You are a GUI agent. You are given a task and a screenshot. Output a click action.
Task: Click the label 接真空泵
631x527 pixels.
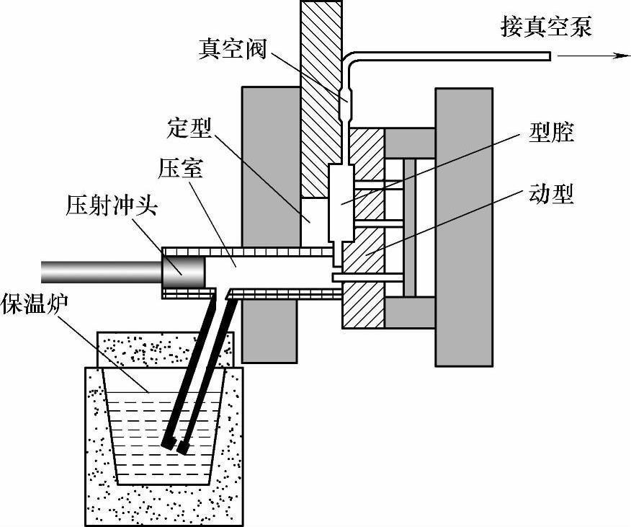coord(547,28)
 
